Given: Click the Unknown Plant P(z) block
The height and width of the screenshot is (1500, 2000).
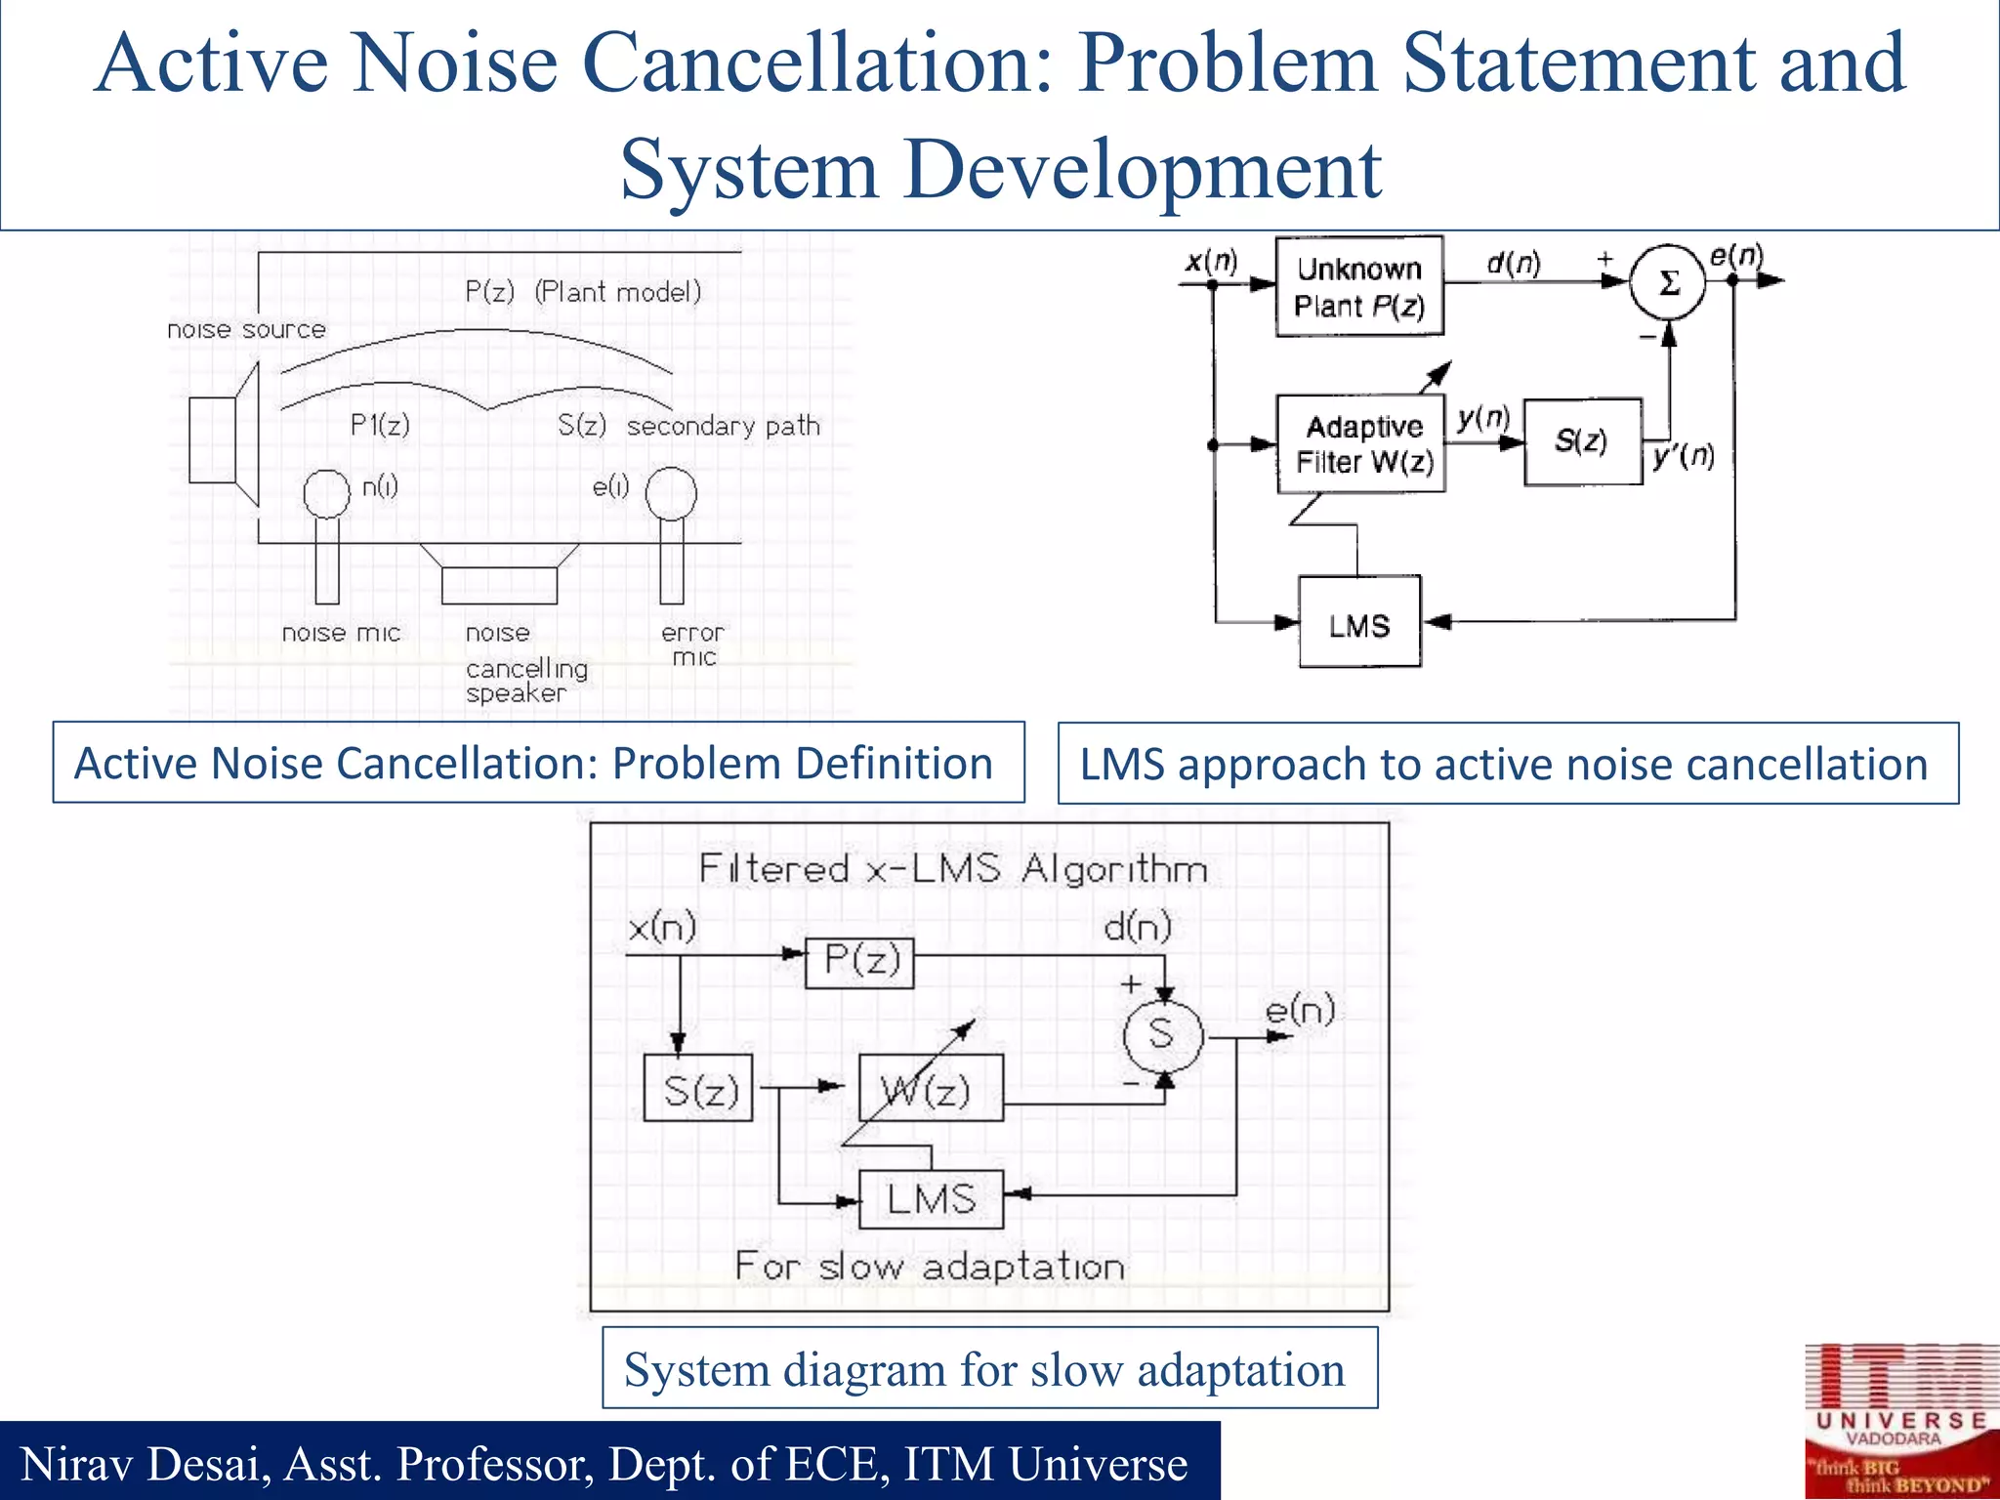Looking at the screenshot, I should click(x=1358, y=286).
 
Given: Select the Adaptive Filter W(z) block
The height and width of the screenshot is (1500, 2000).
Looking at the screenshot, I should click(x=1360, y=443).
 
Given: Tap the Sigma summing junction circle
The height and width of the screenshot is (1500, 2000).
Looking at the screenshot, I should click(x=1668, y=282).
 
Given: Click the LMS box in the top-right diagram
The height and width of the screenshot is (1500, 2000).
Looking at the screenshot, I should click(x=1359, y=622).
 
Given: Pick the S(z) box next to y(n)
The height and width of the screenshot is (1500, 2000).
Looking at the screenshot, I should click(x=1582, y=441).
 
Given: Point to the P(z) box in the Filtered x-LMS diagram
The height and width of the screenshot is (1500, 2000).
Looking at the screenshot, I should click(x=859, y=962).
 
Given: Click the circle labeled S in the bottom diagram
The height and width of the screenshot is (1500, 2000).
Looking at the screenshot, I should click(x=1162, y=1034).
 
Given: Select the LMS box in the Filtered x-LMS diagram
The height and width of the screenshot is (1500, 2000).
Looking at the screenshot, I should click(x=931, y=1198).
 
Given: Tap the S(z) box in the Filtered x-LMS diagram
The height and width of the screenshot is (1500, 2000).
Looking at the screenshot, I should click(x=698, y=1088).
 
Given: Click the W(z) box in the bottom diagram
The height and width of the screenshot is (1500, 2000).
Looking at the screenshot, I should click(x=931, y=1088).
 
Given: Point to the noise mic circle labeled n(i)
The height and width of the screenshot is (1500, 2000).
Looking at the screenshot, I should click(x=326, y=493).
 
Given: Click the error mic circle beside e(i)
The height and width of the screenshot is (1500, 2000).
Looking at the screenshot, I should click(x=671, y=493).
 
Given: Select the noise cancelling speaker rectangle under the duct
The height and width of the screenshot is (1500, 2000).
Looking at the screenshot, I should click(x=499, y=585).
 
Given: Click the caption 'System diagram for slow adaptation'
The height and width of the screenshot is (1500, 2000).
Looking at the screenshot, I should click(x=988, y=1368).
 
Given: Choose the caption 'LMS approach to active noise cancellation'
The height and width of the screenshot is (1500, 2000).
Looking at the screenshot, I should click(x=1507, y=764).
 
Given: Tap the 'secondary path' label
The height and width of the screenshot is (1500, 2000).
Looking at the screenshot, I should click(x=723, y=427).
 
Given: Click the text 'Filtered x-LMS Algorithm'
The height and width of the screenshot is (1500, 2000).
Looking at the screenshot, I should click(x=953, y=869).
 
